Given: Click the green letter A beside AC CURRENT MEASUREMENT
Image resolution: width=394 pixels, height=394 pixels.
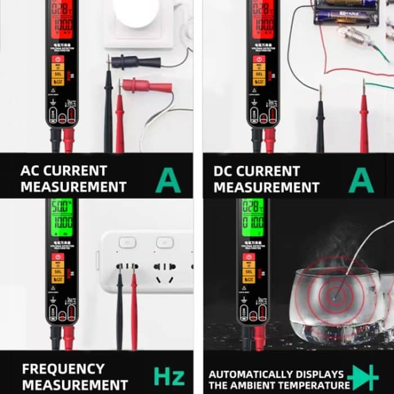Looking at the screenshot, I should click(x=168, y=180).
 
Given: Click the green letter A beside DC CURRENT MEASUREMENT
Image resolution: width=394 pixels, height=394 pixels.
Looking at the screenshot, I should click(x=361, y=180).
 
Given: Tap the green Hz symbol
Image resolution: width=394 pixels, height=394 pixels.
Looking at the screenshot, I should click(x=169, y=375).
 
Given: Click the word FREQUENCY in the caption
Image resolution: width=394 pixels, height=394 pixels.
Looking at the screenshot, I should click(x=63, y=369).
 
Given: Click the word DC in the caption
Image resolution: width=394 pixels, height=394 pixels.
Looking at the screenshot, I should click(x=227, y=171).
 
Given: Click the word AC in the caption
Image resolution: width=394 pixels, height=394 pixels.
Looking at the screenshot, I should click(x=33, y=171).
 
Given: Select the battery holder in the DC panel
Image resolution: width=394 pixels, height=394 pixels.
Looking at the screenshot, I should click(x=346, y=12).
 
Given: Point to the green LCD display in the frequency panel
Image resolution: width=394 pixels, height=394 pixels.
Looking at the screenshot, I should click(x=61, y=217).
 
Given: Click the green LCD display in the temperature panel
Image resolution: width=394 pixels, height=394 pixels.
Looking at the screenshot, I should click(x=253, y=217).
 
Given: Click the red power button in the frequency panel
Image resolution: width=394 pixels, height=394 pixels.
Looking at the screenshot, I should click(x=57, y=257).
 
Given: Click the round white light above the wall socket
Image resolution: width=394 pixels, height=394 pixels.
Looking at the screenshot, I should click(x=137, y=11).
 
